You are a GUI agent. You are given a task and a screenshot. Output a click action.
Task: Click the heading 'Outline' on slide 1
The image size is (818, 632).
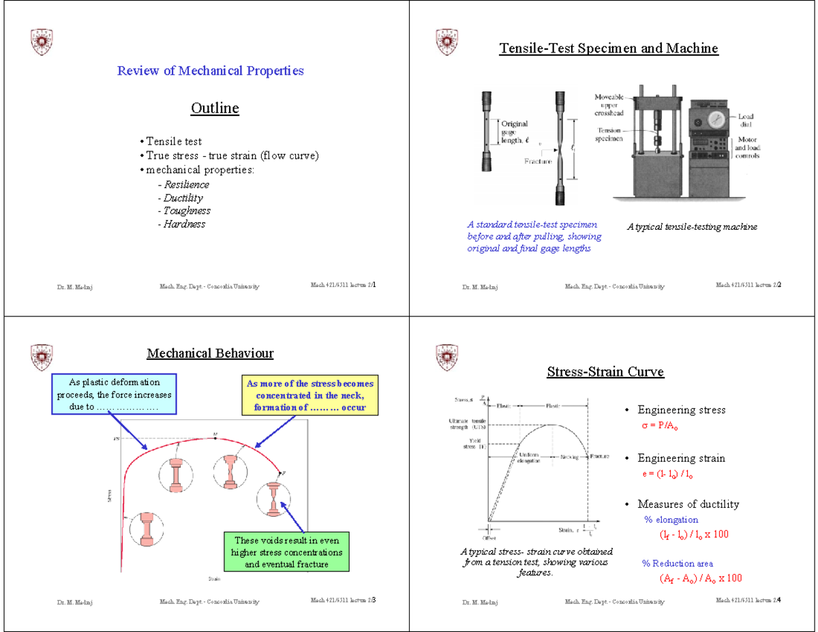pos(215,108)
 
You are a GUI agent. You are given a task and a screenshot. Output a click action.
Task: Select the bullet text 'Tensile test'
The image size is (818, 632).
pos(174,142)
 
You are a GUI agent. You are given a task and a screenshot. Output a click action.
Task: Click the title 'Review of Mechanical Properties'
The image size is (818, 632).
pos(211,70)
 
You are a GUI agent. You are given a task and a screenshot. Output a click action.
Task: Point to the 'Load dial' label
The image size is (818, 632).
pos(746,121)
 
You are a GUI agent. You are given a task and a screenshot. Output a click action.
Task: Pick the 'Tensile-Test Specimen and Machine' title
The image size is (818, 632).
pos(609,48)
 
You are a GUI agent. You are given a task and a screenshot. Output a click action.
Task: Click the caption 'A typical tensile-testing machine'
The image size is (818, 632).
pos(692,226)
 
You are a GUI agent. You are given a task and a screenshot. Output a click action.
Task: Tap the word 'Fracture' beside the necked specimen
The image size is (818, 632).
pos(538,162)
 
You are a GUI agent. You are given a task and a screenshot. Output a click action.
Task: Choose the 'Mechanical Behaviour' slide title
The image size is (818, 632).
pos(211,353)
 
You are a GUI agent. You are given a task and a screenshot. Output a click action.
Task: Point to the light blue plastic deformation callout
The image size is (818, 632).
pos(114,395)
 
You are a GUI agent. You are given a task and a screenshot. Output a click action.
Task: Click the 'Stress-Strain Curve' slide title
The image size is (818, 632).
pos(605,372)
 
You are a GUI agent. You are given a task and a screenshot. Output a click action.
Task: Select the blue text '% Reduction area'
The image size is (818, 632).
pos(678,563)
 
